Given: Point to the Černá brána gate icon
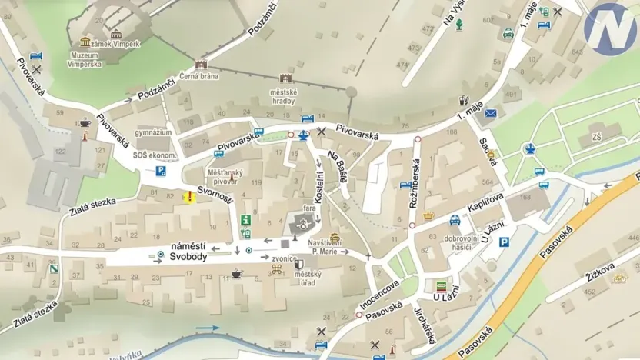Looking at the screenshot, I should pyautogui.click(x=202, y=65).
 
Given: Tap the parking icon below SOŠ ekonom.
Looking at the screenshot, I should pyautogui.click(x=162, y=171).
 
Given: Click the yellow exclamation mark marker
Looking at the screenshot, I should pyautogui.click(x=188, y=197).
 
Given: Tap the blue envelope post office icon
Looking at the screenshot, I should pyautogui.click(x=491, y=113).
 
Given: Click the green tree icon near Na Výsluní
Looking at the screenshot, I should pyautogui.click(x=459, y=25).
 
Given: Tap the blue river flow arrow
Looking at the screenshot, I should pyautogui.click(x=208, y=328).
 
